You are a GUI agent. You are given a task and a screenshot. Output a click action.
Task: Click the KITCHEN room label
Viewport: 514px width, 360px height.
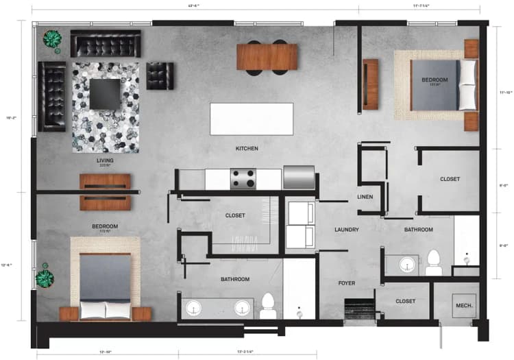point(247,148)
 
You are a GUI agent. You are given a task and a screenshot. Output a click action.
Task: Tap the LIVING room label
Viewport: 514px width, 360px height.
point(105,161)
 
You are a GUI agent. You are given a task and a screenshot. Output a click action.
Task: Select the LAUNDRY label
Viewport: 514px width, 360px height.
point(347,230)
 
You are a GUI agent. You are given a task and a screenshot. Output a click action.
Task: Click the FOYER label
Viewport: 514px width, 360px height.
point(347,283)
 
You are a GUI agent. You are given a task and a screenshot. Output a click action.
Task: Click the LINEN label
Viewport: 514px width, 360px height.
point(365,197)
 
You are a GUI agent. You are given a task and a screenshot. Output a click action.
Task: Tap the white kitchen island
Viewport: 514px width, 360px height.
point(252,119)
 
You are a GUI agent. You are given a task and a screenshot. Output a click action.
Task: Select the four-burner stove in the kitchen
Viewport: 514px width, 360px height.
point(243,178)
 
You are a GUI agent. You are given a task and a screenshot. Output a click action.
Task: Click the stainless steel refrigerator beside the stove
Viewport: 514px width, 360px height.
point(299,177)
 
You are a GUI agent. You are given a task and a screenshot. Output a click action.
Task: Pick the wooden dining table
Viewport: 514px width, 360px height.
point(267,57)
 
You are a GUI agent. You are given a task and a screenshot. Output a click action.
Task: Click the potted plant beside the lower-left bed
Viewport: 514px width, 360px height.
point(45,278)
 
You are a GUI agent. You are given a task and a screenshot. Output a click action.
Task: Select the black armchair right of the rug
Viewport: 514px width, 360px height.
point(160,75)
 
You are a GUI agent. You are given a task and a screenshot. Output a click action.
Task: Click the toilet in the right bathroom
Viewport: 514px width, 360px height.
point(433,262)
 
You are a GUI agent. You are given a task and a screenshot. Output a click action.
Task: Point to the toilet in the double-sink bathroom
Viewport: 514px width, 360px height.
point(269,304)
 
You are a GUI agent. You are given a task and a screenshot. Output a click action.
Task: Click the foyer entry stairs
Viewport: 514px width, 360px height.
point(358,309)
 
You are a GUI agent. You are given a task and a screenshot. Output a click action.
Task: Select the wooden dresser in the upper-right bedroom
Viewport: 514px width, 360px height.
point(371,84)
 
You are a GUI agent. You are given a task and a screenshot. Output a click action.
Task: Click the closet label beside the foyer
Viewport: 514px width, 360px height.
point(405,301)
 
